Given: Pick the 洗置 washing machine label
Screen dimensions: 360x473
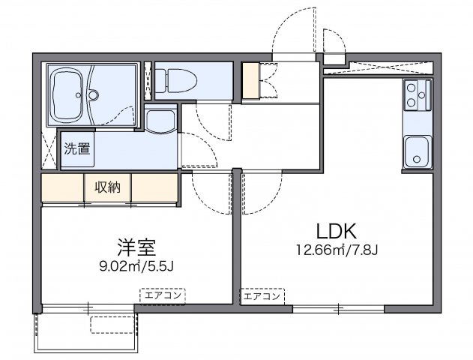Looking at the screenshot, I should [x=76, y=148].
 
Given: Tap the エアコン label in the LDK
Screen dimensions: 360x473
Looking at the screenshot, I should [x=262, y=296].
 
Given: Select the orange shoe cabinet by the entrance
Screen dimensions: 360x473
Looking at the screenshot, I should [x=249, y=81].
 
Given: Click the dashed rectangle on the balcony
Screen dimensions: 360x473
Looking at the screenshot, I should [x=111, y=324].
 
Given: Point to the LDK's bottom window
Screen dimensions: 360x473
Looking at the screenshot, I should [x=338, y=307].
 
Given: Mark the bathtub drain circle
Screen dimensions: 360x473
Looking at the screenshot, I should [x=93, y=94].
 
